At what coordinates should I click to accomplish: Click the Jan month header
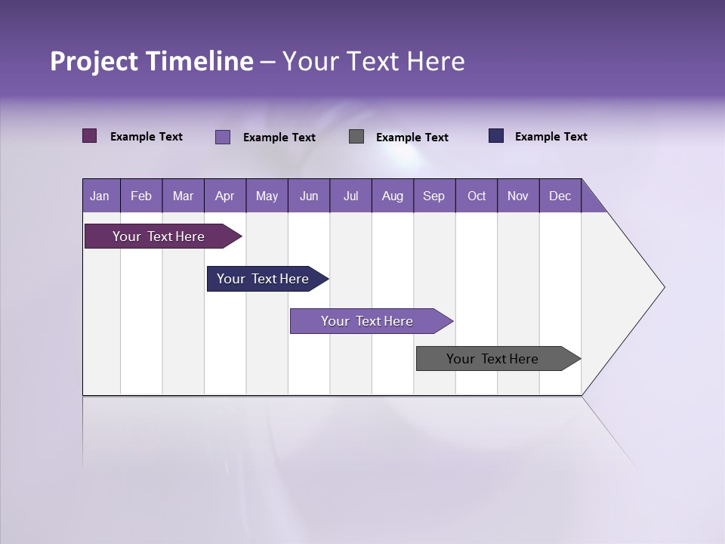point(100,196)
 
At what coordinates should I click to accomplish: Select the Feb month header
point(141,196)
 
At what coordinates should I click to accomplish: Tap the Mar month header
point(183,196)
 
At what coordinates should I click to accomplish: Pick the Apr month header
point(225,196)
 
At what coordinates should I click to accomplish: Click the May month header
point(267,196)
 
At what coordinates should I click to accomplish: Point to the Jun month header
point(309,196)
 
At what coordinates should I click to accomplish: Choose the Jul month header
point(350,196)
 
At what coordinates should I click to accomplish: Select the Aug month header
point(393,196)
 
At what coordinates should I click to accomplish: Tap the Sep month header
point(434,196)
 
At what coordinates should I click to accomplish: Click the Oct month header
point(477,196)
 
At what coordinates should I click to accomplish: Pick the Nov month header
point(518,196)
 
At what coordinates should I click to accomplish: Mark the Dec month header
point(560,196)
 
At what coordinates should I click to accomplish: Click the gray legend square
point(356,137)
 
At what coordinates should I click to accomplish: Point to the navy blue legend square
point(496,136)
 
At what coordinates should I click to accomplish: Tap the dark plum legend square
point(90,136)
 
